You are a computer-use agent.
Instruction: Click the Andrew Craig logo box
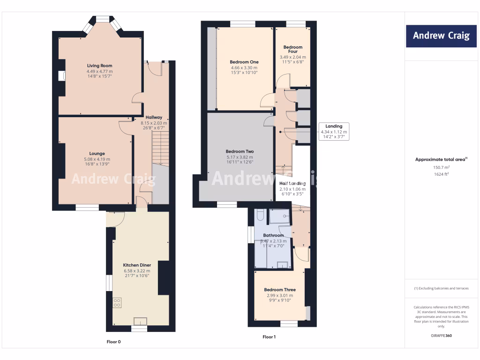pos(441,36)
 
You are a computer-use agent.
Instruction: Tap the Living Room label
pos(99,66)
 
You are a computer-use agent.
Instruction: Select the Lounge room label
pos(97,153)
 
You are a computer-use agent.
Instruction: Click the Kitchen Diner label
pos(137,265)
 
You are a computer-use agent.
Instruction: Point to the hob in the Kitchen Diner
pos(117,302)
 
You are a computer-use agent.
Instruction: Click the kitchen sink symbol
pos(140,321)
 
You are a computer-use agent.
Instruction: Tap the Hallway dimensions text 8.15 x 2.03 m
pos(153,122)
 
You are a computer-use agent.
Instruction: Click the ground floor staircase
pos(160,148)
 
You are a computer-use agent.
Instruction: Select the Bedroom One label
pos(244,62)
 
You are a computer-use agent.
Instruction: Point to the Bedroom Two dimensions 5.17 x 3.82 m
pos(240,157)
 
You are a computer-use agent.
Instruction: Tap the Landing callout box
pos(334,131)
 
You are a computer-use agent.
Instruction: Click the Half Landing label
pos(292,183)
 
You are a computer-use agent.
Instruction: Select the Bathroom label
pos(273,235)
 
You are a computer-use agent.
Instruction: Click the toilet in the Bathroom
pos(261,215)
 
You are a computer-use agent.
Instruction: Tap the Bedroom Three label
pos(280,290)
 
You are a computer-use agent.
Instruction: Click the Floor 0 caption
pos(113,342)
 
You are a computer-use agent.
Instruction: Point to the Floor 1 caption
pos(269,337)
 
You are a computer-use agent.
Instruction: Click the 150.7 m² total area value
pos(441,167)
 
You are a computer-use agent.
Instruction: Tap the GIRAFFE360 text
pos(441,336)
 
